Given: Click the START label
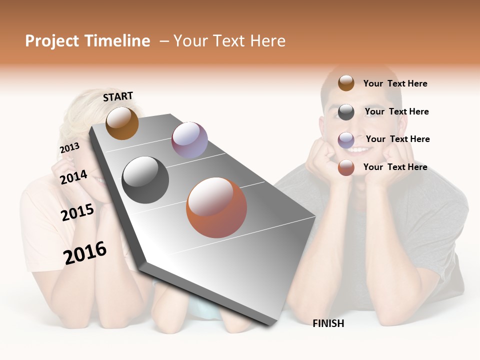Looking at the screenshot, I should click(x=118, y=96).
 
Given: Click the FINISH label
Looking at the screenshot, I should click(x=328, y=323).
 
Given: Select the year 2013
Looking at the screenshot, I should click(x=69, y=147).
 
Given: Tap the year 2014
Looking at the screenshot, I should click(x=73, y=177).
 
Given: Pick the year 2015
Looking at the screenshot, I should click(x=77, y=212).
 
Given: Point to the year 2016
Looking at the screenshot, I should click(x=85, y=253).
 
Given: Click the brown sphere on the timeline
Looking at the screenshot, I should click(x=122, y=123).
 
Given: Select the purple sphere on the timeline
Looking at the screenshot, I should click(x=189, y=140).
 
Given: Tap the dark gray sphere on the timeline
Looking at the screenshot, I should click(x=145, y=179).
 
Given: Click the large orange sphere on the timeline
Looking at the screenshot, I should click(x=216, y=207).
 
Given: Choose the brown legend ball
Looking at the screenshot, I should click(x=346, y=83).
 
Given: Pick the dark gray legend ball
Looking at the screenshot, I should click(x=346, y=112).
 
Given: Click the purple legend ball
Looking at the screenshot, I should click(x=346, y=140).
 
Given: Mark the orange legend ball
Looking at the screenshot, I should click(x=346, y=168).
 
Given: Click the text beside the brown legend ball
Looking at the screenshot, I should click(x=395, y=83).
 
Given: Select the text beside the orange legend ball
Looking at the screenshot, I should click(x=395, y=167).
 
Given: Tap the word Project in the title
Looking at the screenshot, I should click(x=52, y=41).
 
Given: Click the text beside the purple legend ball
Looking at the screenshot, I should click(x=397, y=139).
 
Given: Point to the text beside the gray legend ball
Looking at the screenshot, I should click(x=396, y=111).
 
